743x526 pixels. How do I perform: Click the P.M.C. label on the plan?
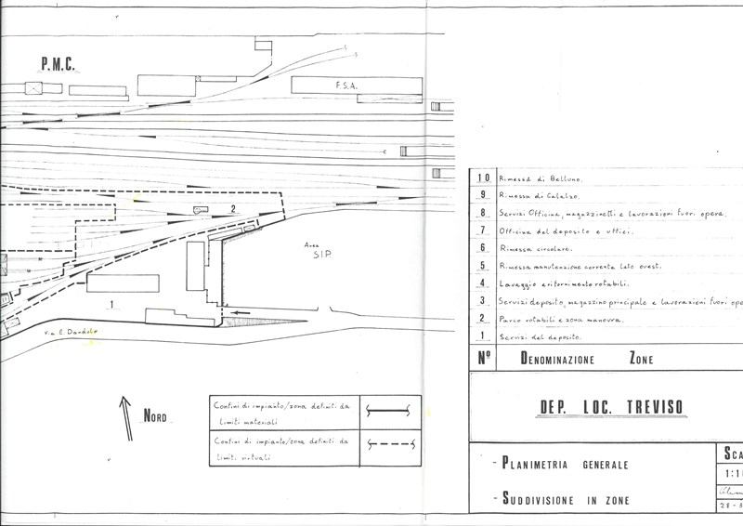(x=56, y=64)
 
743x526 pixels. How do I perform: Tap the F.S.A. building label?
(x=346, y=85)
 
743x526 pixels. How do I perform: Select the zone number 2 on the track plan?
(x=233, y=208)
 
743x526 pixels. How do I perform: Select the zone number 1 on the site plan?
(x=111, y=304)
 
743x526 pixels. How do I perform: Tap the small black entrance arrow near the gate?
(x=241, y=314)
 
